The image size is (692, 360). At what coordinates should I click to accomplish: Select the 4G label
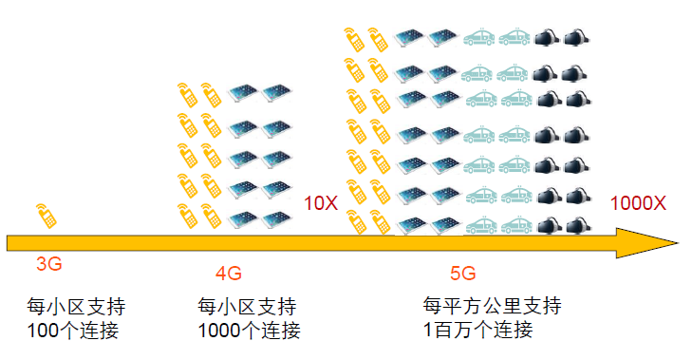coord(228,275)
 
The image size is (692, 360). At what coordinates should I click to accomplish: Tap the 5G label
coord(462,275)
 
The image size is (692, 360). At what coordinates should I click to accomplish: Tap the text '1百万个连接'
coord(477,331)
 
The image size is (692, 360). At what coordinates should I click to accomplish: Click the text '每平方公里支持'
coord(492,307)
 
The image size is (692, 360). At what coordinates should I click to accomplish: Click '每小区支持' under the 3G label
coord(76,308)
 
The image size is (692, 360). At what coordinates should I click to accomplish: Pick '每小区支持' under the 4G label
coord(247,308)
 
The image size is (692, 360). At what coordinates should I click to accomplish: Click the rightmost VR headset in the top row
coord(576,39)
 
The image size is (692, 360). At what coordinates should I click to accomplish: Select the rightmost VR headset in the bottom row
coord(576,227)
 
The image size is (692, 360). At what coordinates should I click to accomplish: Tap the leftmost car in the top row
coord(477,39)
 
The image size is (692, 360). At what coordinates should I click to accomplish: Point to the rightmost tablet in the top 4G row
coord(275,93)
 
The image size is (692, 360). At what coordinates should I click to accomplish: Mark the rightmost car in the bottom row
coord(514,227)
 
